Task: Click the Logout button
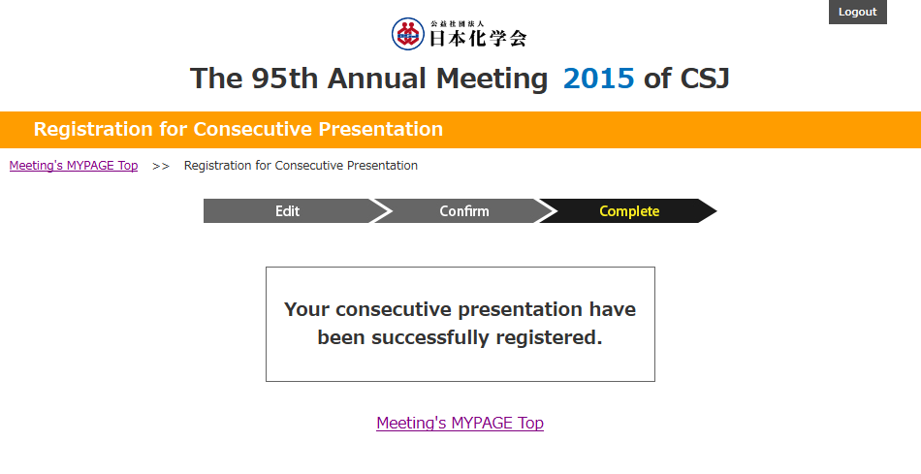pos(858,12)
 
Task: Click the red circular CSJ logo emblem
pos(407,34)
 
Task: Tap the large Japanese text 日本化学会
pos(478,38)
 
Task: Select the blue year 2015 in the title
pos(598,79)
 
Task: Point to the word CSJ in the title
pos(705,79)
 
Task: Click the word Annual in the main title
pos(376,79)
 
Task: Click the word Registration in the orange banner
pos(93,129)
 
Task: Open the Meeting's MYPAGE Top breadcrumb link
pos(74,166)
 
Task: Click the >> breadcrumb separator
pos(161,166)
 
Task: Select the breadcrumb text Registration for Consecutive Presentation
pos(301,166)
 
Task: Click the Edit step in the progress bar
pos(287,211)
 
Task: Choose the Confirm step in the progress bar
pos(464,211)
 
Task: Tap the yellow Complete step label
pos(629,211)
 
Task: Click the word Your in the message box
pos(306,309)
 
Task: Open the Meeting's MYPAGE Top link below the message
pos(460,423)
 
